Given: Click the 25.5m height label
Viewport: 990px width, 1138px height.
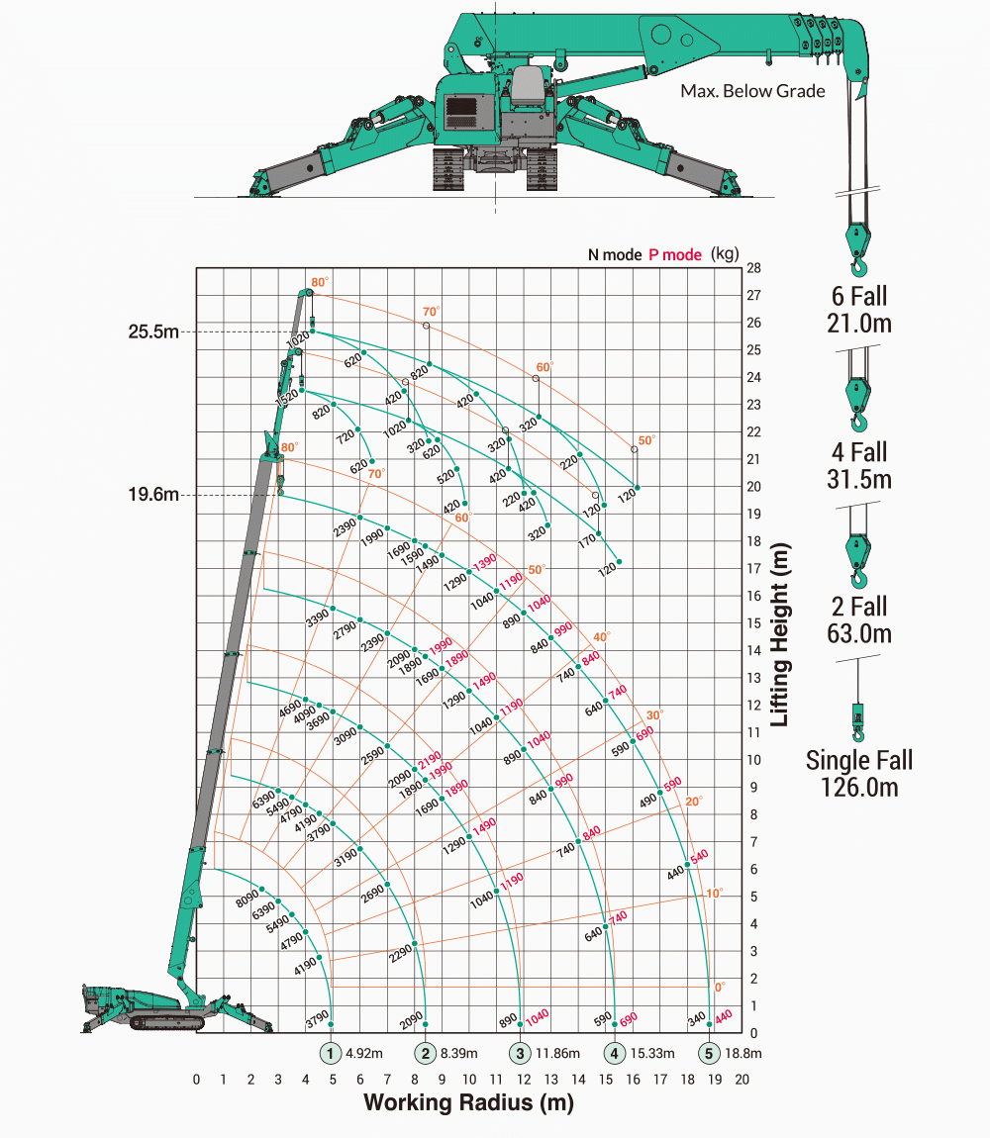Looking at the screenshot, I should (x=152, y=332).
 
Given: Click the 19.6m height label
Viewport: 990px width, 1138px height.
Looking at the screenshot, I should (x=152, y=495).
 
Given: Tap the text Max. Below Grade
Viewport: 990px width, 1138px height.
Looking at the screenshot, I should (x=752, y=91).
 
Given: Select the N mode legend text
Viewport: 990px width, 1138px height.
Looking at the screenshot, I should (x=614, y=254).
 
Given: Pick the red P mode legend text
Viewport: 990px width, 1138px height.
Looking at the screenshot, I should (x=675, y=254).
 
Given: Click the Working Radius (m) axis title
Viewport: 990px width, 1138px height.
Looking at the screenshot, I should (x=468, y=1102).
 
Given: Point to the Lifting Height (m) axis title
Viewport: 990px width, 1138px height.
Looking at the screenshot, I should (x=780, y=633).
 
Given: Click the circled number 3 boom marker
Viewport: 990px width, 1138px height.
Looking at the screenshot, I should (x=521, y=1053).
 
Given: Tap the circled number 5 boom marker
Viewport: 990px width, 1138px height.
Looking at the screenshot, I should (x=710, y=1053).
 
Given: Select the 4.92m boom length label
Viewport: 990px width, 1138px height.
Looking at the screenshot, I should (x=364, y=1053).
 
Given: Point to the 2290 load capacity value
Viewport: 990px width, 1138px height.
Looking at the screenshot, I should (x=401, y=954).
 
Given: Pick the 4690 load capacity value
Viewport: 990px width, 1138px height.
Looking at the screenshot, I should (x=289, y=709).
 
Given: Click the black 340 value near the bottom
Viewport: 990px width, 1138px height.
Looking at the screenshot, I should (x=696, y=1017).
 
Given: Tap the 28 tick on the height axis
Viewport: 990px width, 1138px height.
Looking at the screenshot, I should (x=754, y=268).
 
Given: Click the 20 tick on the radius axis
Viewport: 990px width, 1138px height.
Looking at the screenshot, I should (x=742, y=1079).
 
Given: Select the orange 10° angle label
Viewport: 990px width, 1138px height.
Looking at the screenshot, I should (x=713, y=893).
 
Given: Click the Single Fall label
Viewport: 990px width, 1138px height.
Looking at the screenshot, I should (x=858, y=761).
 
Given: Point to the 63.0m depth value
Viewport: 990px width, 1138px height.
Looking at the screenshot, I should (x=858, y=633).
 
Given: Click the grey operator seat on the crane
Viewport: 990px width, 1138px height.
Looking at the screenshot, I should (x=529, y=83).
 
